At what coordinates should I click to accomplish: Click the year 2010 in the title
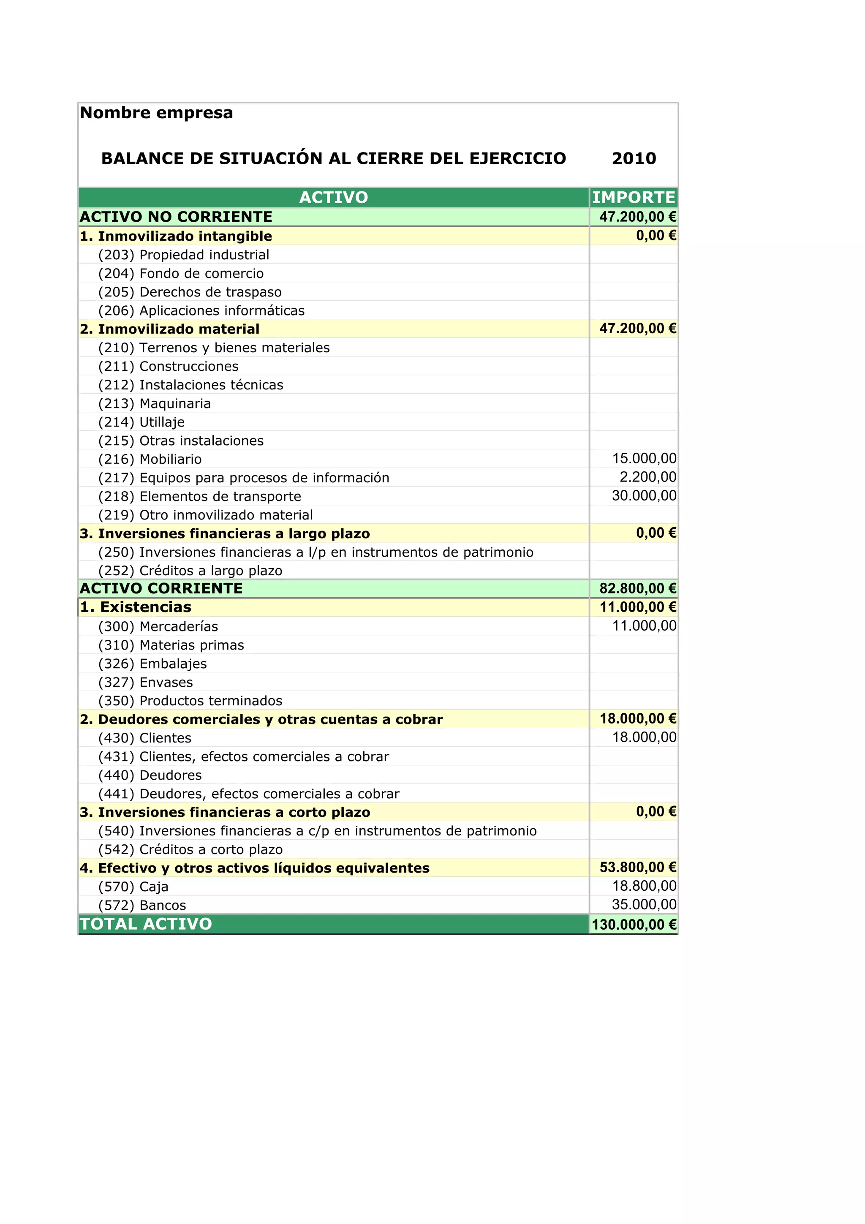(634, 158)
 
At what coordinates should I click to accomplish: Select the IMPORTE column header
(634, 197)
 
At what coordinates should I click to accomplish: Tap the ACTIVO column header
(334, 197)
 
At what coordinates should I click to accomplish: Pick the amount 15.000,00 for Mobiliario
(644, 458)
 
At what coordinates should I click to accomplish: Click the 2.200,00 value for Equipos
(647, 477)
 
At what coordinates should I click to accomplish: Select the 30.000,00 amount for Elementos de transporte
(644, 496)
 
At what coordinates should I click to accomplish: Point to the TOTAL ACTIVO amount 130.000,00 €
(634, 925)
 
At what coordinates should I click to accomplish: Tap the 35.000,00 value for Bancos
(644, 905)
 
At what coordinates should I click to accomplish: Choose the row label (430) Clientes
(144, 738)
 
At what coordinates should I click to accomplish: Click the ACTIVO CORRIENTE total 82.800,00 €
(637, 588)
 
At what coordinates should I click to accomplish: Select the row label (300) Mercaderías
(158, 626)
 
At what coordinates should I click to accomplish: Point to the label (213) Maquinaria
(155, 403)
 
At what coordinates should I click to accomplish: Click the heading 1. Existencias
(136, 607)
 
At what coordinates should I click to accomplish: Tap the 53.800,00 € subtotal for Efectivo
(637, 868)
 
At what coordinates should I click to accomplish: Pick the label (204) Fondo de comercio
(181, 274)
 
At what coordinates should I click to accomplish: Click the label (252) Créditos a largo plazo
(190, 571)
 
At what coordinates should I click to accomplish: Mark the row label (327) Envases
(145, 683)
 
